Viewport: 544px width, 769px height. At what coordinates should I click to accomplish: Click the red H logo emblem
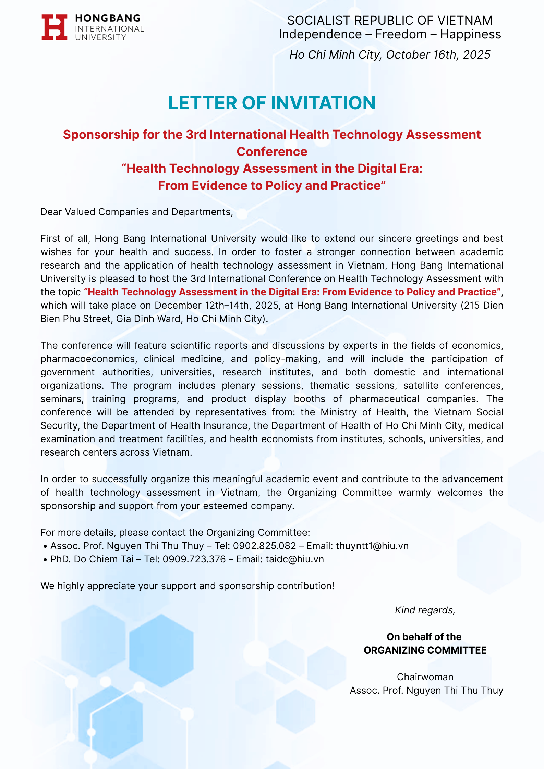54,27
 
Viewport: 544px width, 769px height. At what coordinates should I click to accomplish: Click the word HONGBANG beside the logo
108,18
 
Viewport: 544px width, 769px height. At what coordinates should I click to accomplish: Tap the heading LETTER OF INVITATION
272,103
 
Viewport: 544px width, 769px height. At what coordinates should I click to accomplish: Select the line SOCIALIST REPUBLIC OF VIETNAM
390,21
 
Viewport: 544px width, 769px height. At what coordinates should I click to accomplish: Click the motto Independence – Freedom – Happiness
390,34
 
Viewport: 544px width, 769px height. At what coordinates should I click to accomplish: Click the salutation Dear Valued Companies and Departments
136,212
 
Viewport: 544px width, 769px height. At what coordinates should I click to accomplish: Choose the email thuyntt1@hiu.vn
372,546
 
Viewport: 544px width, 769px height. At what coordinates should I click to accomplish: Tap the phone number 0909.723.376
194,559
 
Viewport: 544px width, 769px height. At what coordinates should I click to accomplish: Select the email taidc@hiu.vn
294,559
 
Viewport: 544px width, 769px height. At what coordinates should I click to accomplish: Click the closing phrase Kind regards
425,610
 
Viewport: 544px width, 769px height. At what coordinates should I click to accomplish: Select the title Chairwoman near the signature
425,677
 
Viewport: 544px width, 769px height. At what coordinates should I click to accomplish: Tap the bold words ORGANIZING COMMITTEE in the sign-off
425,650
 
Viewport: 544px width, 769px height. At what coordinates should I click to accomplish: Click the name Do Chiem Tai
104,559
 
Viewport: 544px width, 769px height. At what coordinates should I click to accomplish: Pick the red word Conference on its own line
272,152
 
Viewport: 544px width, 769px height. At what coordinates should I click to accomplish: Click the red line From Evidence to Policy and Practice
272,186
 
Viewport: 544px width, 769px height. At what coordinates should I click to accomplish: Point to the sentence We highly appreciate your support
187,586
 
